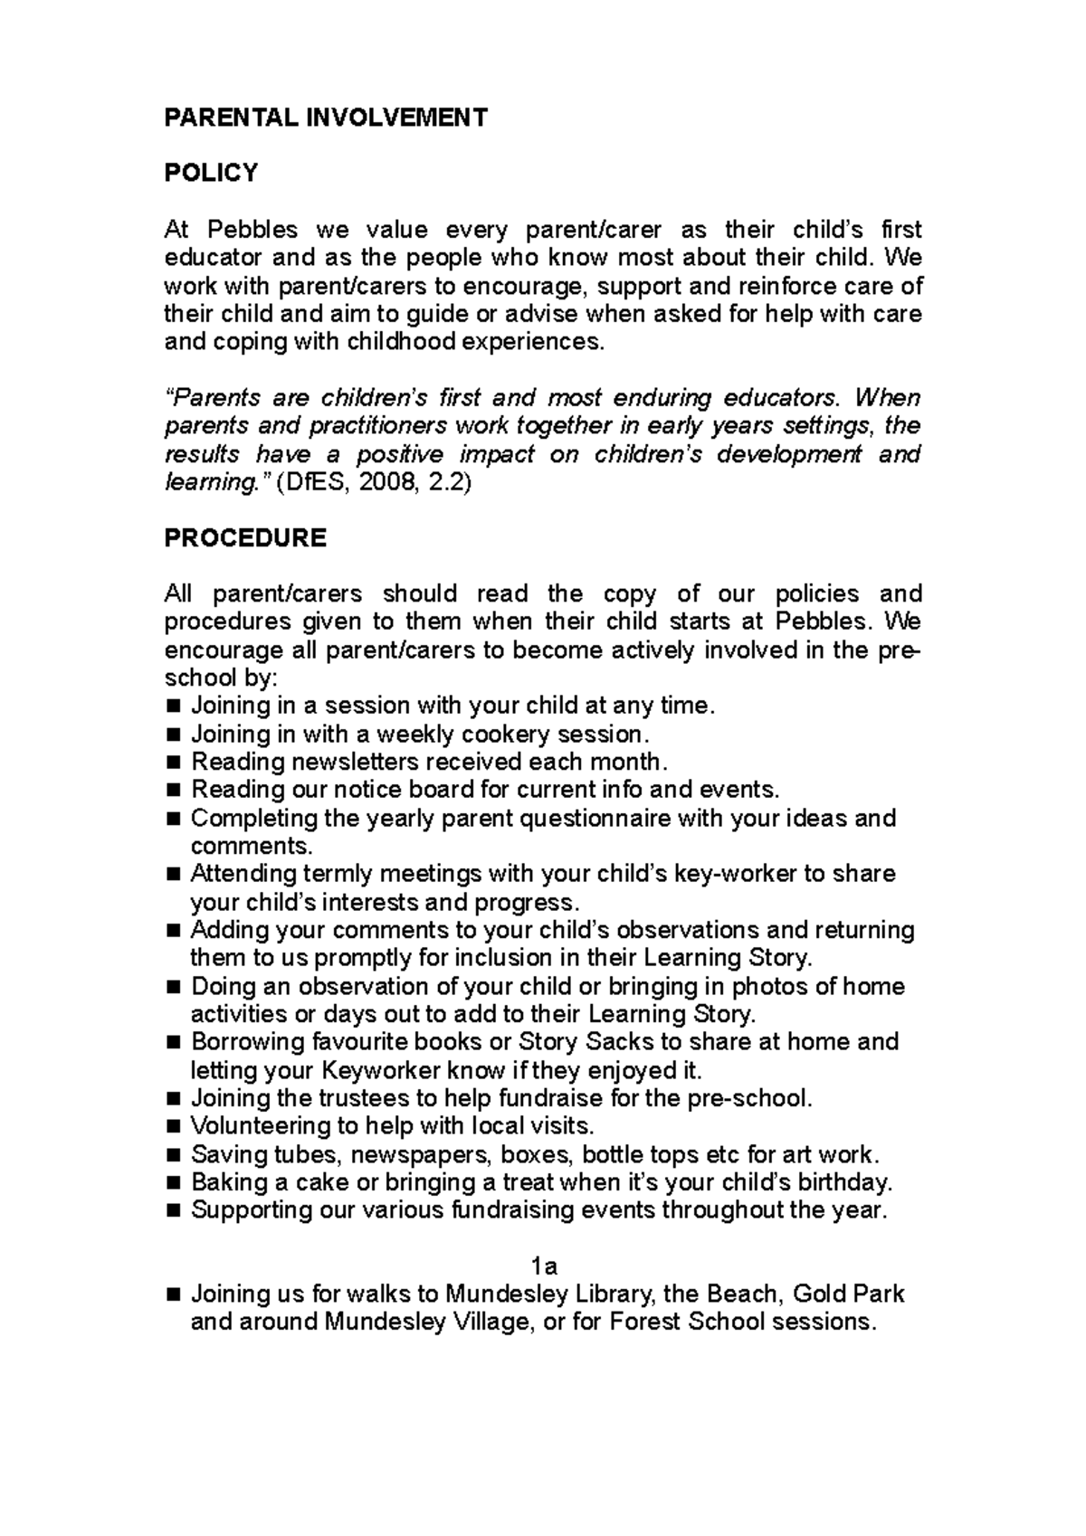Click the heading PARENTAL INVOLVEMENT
[326, 118]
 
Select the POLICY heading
[211, 173]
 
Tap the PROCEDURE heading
[245, 538]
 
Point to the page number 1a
[544, 1266]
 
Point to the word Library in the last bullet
[615, 1294]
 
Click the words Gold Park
[848, 1294]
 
